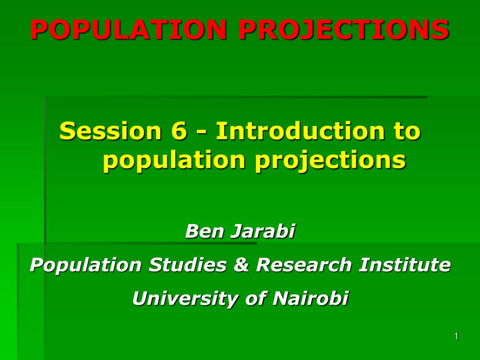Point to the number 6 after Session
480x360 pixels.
coord(179,131)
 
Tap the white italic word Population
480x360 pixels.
coord(85,265)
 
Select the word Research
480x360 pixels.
coord(303,265)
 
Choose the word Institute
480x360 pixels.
coord(405,265)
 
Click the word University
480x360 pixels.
coord(184,299)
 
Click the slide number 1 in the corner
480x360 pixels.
coord(456,337)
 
